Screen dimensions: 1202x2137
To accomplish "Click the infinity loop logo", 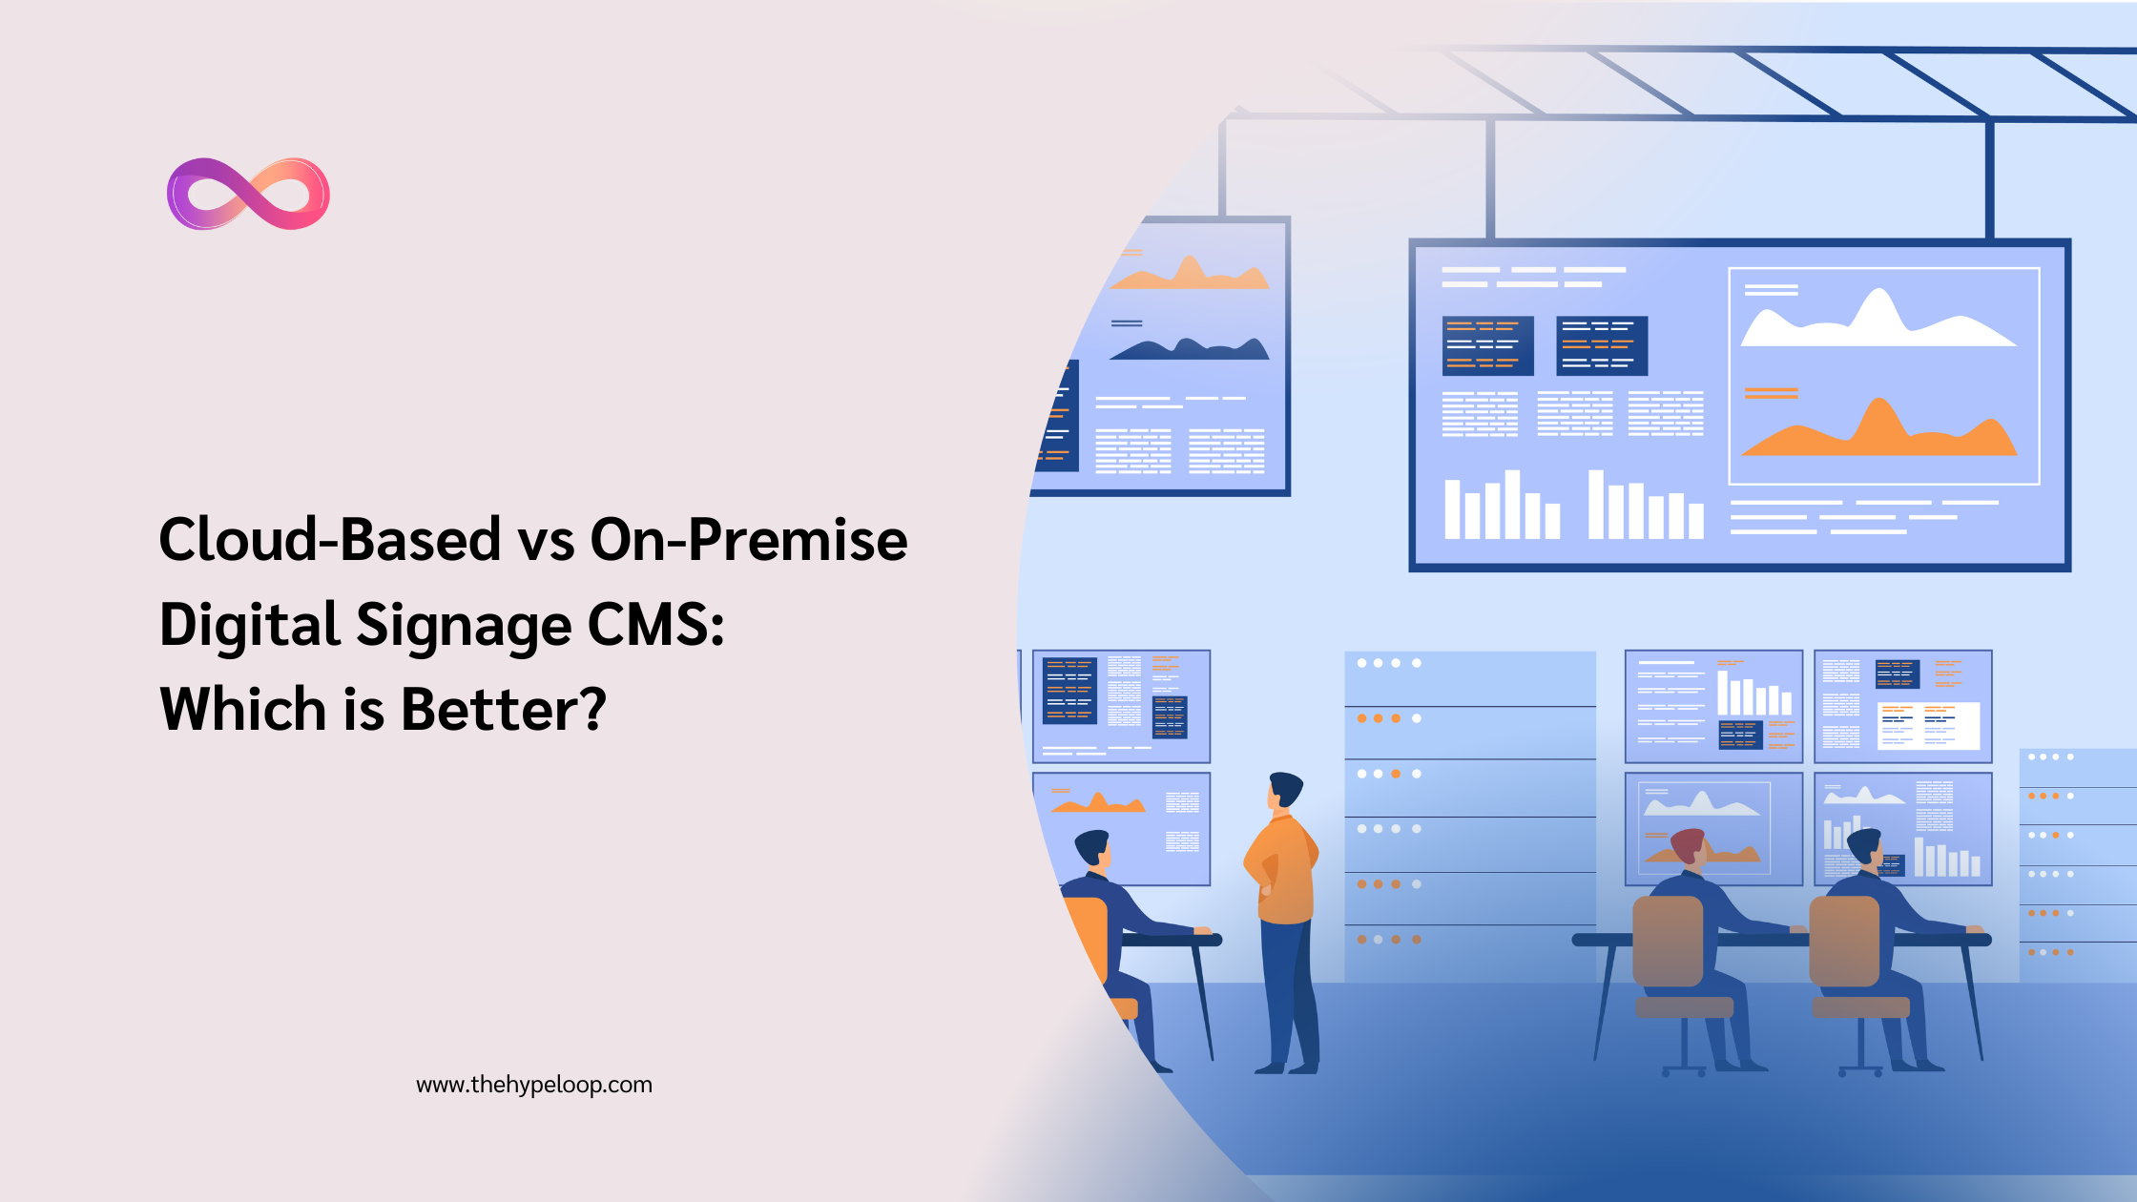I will click(248, 194).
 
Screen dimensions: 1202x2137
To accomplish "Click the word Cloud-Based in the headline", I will click(330, 539).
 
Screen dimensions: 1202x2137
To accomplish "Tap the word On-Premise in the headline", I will click(749, 539).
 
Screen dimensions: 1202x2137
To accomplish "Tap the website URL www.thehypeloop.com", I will click(534, 1085).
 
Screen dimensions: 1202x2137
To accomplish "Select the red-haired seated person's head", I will click(1688, 846).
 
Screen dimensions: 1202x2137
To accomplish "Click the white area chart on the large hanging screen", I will click(1878, 322).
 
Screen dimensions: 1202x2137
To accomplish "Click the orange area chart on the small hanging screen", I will click(1190, 275).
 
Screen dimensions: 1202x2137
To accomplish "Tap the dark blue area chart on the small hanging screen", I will click(1190, 349).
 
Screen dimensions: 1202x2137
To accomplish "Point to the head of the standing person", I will click(1285, 790).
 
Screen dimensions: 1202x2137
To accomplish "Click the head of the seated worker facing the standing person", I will click(1092, 848).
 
